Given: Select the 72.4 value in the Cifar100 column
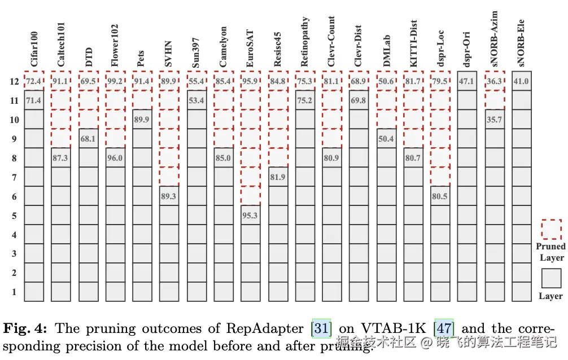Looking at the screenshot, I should pyautogui.click(x=34, y=82).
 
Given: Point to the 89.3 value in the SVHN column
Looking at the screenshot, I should pyautogui.click(x=169, y=196).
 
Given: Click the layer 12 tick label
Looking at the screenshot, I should pyautogui.click(x=14, y=82).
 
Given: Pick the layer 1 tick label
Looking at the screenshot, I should pyautogui.click(x=14, y=292).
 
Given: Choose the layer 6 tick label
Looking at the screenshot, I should pyautogui.click(x=14, y=197).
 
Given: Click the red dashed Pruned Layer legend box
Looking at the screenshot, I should pyautogui.click(x=551, y=229).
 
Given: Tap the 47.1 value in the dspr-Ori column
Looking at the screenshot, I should pyautogui.click(x=467, y=81).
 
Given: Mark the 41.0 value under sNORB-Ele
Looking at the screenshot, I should pyautogui.click(x=521, y=81).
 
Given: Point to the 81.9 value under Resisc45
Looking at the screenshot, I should pyautogui.click(x=277, y=177).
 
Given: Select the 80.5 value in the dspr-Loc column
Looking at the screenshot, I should pyautogui.click(x=440, y=196).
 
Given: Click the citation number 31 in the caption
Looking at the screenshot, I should pyautogui.click(x=322, y=328).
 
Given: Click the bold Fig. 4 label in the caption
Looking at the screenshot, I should pyautogui.click(x=27, y=328).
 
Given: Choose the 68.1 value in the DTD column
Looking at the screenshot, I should pyautogui.click(x=88, y=139).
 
